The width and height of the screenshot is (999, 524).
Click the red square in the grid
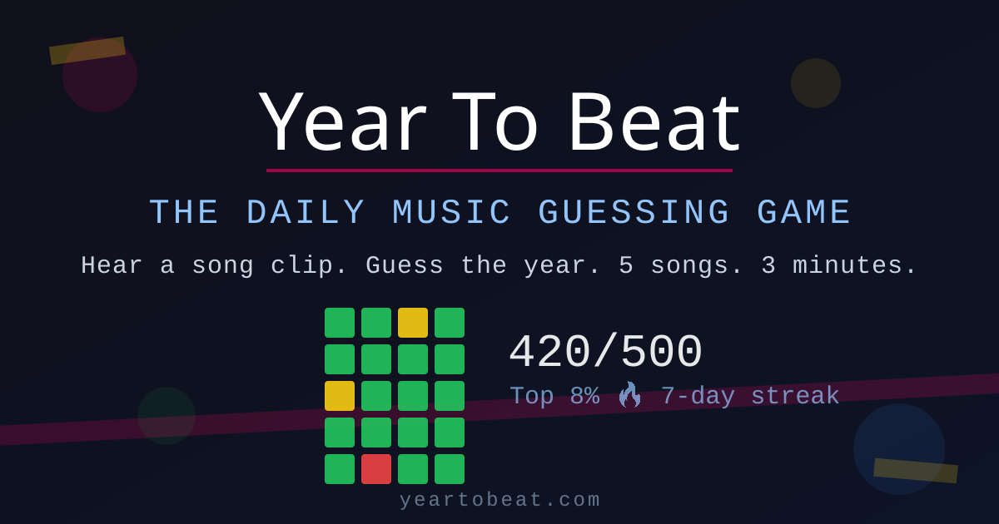(376, 469)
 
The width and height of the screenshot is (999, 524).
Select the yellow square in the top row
(413, 323)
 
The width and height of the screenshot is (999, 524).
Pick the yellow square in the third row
(340, 396)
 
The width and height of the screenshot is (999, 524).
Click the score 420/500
(605, 353)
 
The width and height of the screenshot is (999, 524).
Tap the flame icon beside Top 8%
(629, 395)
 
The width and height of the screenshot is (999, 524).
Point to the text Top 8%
(554, 396)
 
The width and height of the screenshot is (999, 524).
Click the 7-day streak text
(749, 396)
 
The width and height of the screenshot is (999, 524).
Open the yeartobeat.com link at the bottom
(499, 500)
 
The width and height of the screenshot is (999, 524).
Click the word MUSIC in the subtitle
(452, 213)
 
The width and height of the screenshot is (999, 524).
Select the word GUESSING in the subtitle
(634, 213)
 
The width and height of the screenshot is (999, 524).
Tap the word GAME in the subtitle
(804, 213)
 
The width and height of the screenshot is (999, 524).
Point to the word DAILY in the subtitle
(306, 213)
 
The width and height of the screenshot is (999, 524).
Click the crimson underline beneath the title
(499, 171)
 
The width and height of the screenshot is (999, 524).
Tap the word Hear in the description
(112, 266)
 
